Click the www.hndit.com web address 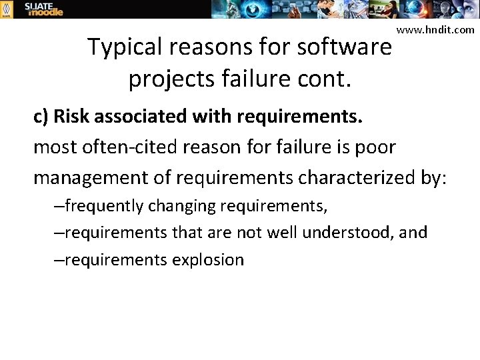[x=435, y=29]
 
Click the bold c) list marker [x=41, y=117]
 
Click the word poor [x=377, y=147]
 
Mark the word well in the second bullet [x=282, y=233]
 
